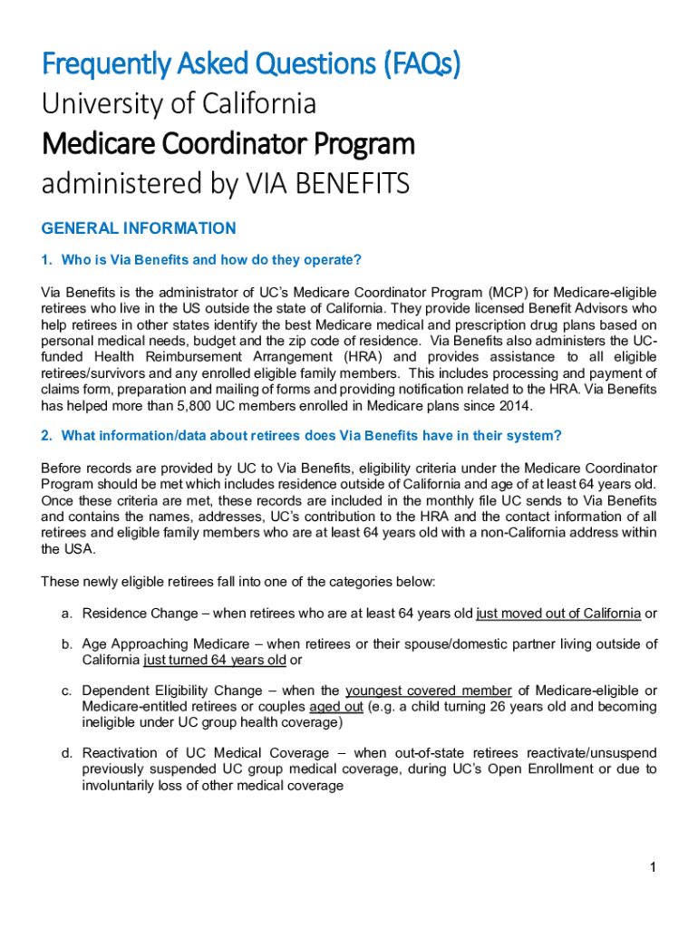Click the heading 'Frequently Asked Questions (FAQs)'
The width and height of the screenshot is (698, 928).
(251, 64)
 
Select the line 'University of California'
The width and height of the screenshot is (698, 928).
(179, 104)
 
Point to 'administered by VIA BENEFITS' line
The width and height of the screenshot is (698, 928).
(226, 184)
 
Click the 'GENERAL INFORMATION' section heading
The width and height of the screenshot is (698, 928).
(139, 228)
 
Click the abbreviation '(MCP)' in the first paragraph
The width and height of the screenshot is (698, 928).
(505, 294)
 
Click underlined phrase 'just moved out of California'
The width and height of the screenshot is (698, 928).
(558, 614)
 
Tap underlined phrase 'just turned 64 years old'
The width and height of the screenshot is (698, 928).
(215, 660)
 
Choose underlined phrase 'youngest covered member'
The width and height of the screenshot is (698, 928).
(429, 691)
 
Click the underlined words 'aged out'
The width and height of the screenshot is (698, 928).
(336, 706)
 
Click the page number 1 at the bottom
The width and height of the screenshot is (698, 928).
(652, 868)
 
